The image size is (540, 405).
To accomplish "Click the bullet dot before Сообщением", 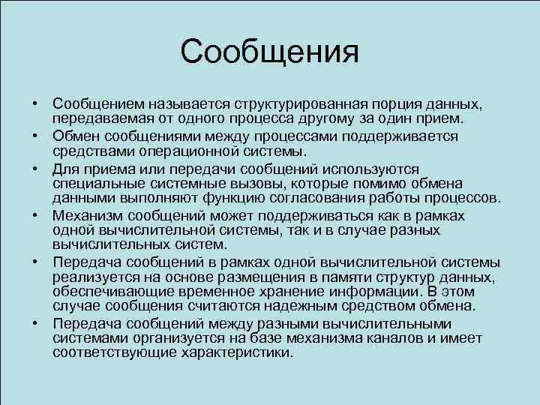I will pyautogui.click(x=35, y=103).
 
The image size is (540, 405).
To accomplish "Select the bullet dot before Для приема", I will pyautogui.click(x=35, y=169).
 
